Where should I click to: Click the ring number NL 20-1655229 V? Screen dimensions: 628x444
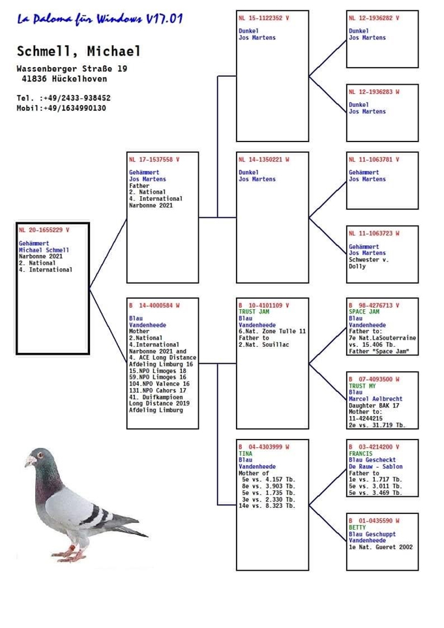pyautogui.click(x=44, y=230)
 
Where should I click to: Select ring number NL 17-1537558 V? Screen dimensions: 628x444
pyautogui.click(x=155, y=159)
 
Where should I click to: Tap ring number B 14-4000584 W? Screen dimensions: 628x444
pyautogui.click(x=154, y=305)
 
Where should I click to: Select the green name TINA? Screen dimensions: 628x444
pyautogui.click(x=246, y=453)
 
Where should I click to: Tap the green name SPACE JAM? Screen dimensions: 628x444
pyautogui.click(x=364, y=312)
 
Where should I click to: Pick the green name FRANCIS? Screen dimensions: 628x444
pyautogui.click(x=361, y=453)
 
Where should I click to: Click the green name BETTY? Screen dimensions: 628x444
pyautogui.click(x=357, y=527)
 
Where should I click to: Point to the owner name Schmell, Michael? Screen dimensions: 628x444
pyautogui.click(x=78, y=51)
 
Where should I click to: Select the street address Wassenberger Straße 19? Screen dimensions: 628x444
pyautogui.click(x=72, y=68)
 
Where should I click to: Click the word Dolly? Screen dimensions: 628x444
pyautogui.click(x=357, y=266)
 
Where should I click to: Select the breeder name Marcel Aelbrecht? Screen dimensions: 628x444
pyautogui.click(x=376, y=399)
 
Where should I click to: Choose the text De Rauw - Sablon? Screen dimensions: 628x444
pyautogui.click(x=376, y=467)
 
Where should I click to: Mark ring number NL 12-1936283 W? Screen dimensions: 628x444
pyautogui.click(x=374, y=92)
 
